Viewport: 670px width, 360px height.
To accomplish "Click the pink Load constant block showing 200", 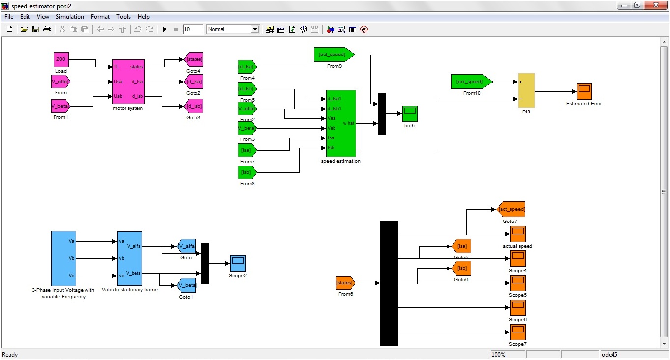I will point(61,59).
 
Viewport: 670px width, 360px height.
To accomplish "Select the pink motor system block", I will point(129,82).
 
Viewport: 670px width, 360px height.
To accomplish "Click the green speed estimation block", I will point(341,123).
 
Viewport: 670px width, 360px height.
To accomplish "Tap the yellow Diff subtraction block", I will point(526,90).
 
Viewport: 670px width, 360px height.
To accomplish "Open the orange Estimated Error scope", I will point(584,91).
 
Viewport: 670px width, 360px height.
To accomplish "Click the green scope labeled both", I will point(409,113).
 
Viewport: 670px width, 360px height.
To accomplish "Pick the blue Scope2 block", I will point(238,263).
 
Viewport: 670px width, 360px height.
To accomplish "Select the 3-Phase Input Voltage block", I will point(63,258).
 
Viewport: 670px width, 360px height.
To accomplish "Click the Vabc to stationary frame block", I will point(130,258).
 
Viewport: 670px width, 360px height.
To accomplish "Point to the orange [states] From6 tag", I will point(345,283).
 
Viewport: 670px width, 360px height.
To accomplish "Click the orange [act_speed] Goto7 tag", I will point(511,209).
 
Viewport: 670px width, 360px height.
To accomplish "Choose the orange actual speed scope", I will point(518,234).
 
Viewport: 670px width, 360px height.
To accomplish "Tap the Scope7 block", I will point(518,332).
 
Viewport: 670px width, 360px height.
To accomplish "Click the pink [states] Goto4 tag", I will point(194,59).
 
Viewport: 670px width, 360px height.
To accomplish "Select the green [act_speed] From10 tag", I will point(471,82).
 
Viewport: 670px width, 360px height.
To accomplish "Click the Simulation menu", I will point(70,17).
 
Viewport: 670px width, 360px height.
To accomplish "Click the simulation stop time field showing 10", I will point(193,29).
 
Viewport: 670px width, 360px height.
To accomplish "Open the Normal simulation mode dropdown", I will point(233,29).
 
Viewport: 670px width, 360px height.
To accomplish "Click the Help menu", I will point(143,17).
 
